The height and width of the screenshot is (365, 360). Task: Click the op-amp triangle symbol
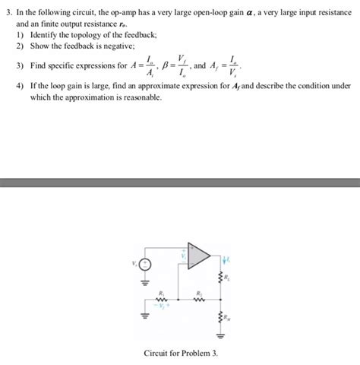point(199,256)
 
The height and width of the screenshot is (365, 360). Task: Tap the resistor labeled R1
point(160,299)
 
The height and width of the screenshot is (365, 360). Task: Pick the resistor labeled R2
point(200,299)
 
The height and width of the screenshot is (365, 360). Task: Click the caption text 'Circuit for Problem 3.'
point(181,354)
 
